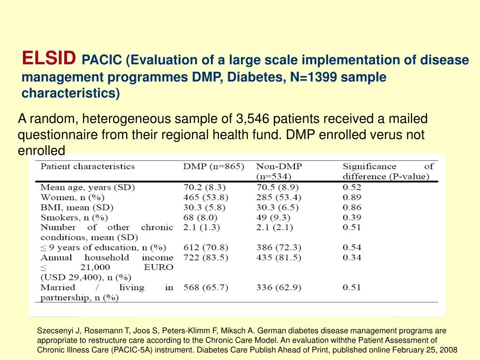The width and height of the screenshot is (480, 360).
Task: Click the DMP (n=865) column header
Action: coord(213,166)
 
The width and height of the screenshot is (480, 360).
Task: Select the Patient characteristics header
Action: coord(88,166)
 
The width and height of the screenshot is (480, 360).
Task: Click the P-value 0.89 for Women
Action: coord(352,197)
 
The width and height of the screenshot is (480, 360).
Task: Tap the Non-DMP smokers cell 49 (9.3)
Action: coord(274,217)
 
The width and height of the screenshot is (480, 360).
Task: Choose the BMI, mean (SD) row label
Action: coord(77,207)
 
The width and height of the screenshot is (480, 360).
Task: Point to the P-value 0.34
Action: coord(352,257)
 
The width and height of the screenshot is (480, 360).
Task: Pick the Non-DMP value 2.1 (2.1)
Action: coord(275,227)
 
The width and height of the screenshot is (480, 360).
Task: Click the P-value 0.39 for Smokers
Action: coord(352,217)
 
